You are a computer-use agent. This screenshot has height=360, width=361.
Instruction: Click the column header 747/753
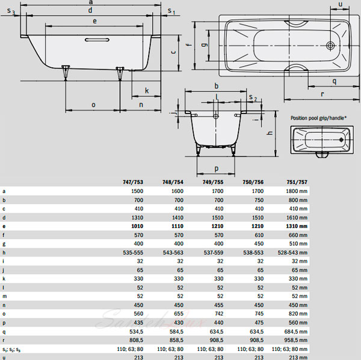point(133,182)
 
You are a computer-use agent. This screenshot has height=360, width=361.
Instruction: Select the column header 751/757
point(297,182)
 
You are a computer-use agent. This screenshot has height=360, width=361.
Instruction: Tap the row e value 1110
point(177,226)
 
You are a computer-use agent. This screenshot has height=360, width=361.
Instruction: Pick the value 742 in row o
point(219,314)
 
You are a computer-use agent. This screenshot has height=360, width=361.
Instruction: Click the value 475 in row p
point(259,323)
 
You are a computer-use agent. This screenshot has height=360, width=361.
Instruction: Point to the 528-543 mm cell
point(292,252)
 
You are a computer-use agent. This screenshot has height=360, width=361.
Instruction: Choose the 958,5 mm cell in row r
point(296,340)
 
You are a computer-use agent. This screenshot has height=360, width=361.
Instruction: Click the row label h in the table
point(4,252)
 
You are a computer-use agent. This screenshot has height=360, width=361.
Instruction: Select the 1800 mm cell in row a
point(297,191)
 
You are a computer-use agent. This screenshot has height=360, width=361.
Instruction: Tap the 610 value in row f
point(259,235)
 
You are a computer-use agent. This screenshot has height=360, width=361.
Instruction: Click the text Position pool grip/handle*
point(318,118)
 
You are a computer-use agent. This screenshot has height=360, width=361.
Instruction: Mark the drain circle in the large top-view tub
point(330,46)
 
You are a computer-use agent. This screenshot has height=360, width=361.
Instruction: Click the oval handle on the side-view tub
point(97,40)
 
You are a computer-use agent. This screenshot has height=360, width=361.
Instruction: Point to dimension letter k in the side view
point(147,91)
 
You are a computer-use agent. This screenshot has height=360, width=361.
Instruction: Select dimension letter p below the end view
point(217,169)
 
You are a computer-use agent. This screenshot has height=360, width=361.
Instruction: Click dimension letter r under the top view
point(322,94)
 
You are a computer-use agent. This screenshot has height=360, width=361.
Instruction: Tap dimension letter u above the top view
point(341,4)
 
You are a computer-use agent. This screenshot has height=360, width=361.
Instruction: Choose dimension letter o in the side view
point(93,105)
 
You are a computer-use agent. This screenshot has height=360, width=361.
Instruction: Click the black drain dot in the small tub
point(341,139)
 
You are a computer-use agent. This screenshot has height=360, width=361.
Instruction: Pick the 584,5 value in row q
point(176,332)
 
